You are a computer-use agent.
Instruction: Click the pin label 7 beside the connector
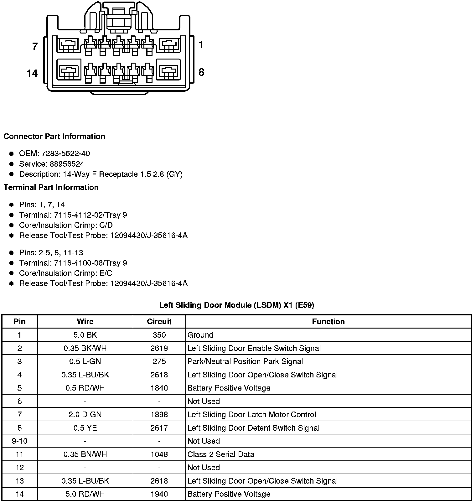coord(35,46)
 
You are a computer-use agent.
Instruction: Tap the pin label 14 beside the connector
coord(32,73)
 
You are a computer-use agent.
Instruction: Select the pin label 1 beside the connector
coord(201,45)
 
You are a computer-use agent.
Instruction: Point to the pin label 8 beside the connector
coord(201,72)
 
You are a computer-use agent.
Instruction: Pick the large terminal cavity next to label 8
coord(169,72)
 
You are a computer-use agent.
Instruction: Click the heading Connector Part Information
coord(54,137)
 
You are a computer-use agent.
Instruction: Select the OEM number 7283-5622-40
coord(65,153)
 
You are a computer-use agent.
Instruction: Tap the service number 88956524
coord(67,164)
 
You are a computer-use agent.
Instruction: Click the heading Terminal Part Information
coord(51,187)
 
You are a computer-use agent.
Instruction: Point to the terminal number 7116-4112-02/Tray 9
coord(91,215)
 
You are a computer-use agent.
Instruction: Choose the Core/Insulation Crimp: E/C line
coord(65,273)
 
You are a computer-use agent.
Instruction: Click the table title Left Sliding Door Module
coord(236,305)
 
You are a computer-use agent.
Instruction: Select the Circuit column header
coord(159,322)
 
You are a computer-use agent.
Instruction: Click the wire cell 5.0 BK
coord(85,335)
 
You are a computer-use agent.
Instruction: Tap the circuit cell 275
coord(159,361)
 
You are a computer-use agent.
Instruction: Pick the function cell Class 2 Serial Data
coord(221,454)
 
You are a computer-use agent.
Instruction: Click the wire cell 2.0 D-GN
coord(85,414)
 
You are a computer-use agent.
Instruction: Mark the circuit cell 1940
coord(159,494)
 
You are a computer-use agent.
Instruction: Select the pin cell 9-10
coord(19,441)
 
